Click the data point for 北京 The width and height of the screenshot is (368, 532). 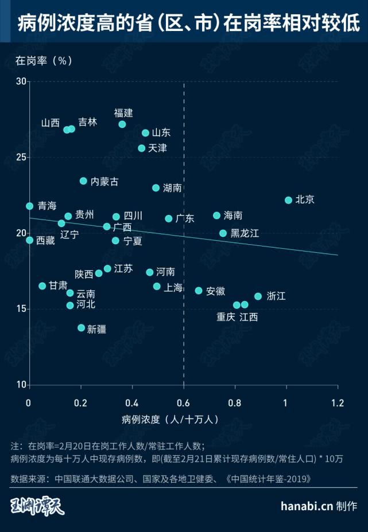[x=288, y=200]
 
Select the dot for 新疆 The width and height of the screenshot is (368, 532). [x=81, y=328]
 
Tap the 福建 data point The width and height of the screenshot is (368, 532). [x=122, y=124]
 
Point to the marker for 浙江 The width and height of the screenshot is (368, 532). [x=258, y=296]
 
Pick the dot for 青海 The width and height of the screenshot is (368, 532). [x=29, y=206]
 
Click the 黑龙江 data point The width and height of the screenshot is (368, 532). [x=223, y=233]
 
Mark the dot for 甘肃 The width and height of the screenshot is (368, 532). [x=42, y=285]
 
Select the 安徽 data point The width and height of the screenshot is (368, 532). [x=199, y=291]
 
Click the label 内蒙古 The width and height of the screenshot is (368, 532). [x=104, y=181]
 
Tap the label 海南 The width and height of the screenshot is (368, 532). [x=233, y=216]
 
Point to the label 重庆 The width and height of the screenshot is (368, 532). [x=226, y=317]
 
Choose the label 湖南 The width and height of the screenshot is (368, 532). [x=172, y=187]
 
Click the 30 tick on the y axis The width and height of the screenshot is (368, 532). [x=21, y=81]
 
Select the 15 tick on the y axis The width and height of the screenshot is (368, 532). [x=21, y=309]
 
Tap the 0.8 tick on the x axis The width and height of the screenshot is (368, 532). [x=235, y=402]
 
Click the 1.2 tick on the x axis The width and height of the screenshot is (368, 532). [x=338, y=402]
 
